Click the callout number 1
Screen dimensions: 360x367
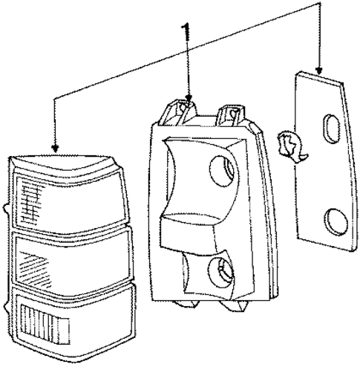(186, 32)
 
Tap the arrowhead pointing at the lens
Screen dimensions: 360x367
(55, 149)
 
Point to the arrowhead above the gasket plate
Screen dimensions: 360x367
(319, 71)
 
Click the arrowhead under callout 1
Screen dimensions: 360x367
(189, 98)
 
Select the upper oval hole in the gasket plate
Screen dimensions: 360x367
(332, 129)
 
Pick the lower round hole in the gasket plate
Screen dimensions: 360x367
(336, 222)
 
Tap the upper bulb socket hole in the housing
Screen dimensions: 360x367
(222, 171)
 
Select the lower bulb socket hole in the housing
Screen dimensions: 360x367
(220, 273)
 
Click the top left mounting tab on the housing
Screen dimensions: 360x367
(178, 112)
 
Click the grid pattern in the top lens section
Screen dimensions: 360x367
(30, 204)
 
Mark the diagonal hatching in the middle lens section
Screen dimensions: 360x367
(35, 269)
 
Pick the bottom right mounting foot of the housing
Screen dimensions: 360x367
(234, 305)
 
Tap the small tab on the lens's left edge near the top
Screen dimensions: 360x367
(6, 210)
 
